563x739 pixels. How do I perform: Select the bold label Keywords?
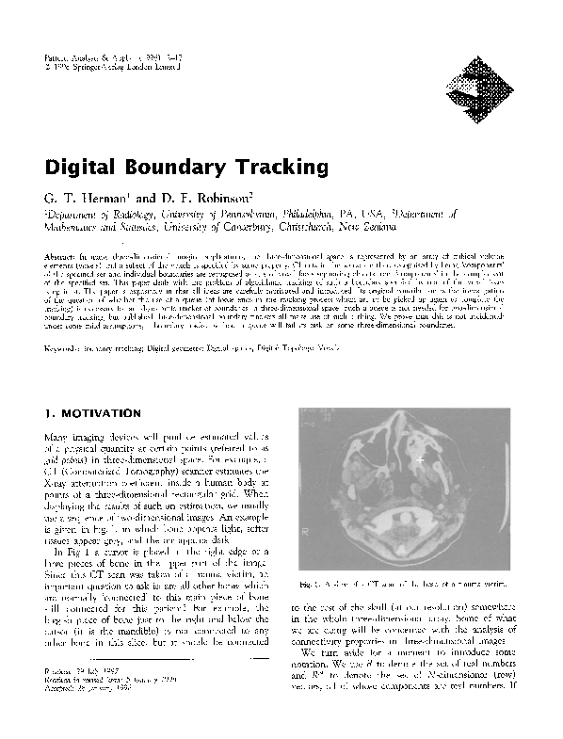(x=65, y=323)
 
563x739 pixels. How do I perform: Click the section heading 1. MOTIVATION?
(x=94, y=412)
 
